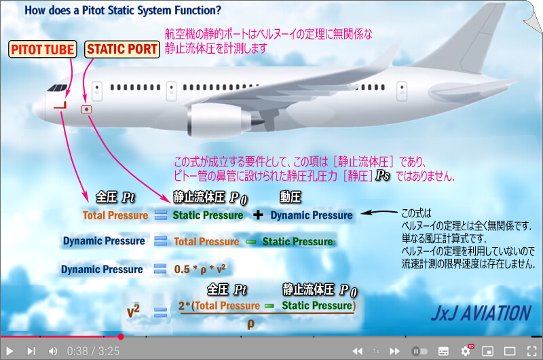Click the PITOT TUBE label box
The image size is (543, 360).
(43, 49)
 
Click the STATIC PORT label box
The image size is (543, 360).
(122, 49)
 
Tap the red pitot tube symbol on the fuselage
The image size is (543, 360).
(60, 105)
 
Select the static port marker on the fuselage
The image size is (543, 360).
(86, 109)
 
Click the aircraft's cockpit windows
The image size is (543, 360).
(57, 88)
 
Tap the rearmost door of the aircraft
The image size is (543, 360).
(402, 91)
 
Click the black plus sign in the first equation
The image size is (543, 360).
(258, 215)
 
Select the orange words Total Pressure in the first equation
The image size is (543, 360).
(115, 215)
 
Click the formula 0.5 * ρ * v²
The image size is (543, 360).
(200, 269)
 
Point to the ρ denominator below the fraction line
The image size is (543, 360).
(250, 324)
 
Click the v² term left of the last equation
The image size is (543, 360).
(133, 311)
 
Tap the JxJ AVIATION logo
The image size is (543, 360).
(481, 313)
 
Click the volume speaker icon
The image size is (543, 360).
(53, 351)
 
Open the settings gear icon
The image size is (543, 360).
(466, 351)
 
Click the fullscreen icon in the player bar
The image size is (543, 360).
(532, 351)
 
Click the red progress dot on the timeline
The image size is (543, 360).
(121, 336)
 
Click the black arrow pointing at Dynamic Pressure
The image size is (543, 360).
(379, 213)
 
